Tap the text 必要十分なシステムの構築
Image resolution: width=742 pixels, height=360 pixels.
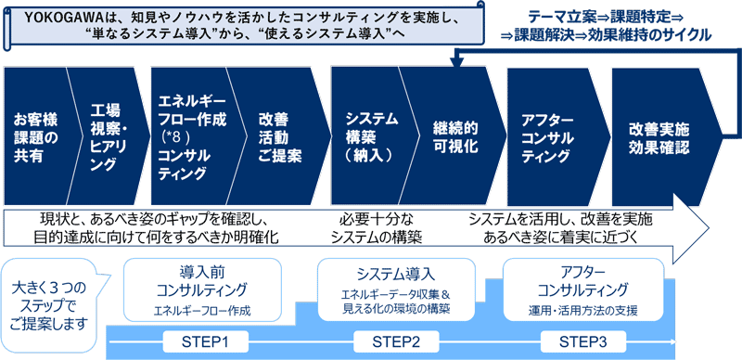[380, 228]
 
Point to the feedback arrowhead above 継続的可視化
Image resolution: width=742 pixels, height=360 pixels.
[455, 61]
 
